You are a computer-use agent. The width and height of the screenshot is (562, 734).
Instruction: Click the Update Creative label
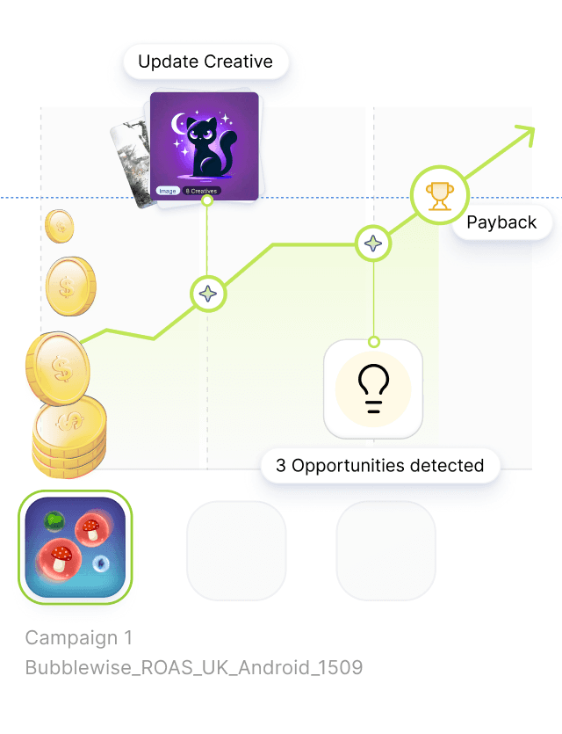205,62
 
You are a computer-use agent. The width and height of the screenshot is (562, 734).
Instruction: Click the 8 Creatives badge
202,190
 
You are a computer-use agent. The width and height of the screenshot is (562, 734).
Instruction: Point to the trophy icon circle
439,195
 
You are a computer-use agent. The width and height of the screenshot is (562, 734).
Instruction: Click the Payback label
501,222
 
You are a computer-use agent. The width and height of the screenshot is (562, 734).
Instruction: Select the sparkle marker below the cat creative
208,294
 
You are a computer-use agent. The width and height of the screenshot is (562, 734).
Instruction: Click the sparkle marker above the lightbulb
373,243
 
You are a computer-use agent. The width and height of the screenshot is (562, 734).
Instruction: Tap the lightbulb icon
373,389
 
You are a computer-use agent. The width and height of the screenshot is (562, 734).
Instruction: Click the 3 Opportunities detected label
379,465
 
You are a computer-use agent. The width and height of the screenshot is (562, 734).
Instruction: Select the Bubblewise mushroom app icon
76,548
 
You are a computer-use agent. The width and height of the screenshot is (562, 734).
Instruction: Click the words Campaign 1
79,637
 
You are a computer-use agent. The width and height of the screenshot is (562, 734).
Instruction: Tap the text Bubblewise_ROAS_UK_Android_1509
193,667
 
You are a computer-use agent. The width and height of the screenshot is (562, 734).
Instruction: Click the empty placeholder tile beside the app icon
237,550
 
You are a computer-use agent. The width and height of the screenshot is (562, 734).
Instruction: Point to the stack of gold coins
68,431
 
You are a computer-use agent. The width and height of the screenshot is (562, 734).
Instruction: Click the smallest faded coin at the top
60,226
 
